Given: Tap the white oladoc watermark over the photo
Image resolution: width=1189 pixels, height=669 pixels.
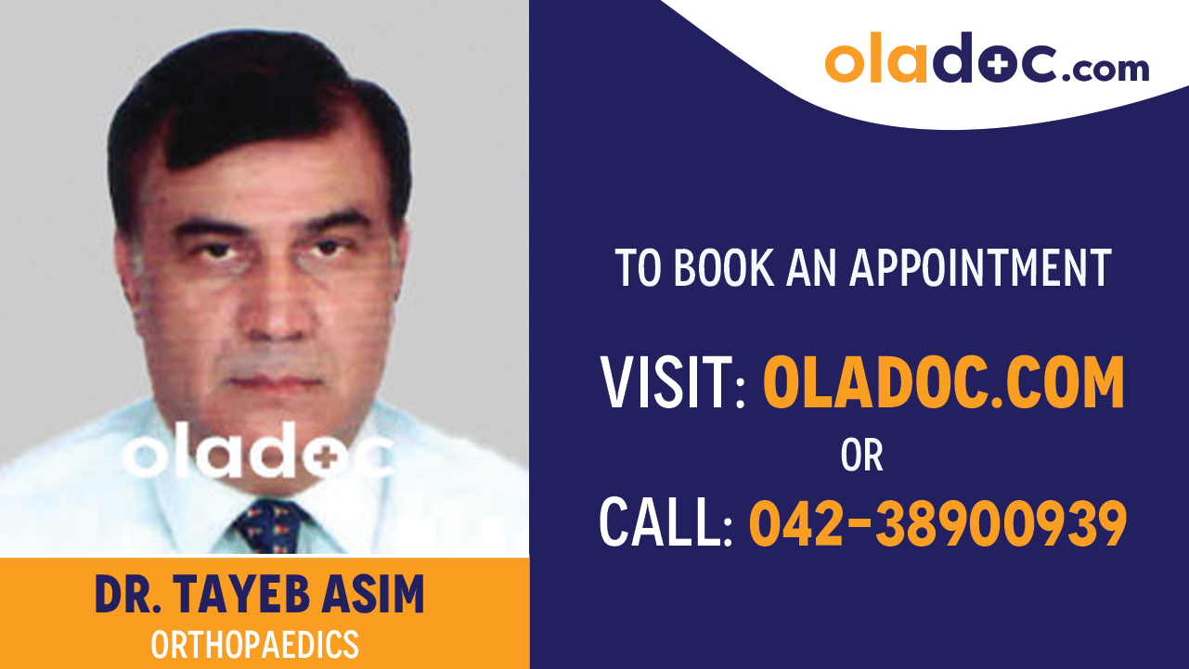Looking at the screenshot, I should point(258,452).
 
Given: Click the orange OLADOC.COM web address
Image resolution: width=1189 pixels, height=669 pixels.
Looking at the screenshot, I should point(943,383).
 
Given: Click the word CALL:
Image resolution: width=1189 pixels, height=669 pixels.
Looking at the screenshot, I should point(666,523).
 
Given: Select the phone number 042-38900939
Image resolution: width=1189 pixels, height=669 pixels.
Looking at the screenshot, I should point(937,523).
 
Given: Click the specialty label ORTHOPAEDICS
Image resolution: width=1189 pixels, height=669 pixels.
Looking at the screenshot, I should point(255,644).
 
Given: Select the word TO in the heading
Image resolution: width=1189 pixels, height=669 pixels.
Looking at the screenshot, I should point(639,267).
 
